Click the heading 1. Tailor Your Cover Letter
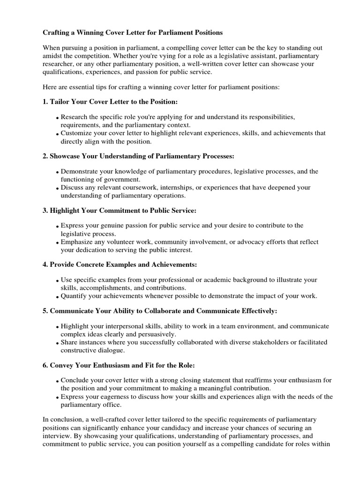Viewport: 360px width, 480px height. coord(110,102)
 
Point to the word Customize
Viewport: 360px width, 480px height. coord(77,133)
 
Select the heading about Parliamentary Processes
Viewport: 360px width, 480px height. coord(138,156)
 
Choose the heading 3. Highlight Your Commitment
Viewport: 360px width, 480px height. coord(116,210)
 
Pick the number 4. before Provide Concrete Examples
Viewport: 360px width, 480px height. coord(45,265)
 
